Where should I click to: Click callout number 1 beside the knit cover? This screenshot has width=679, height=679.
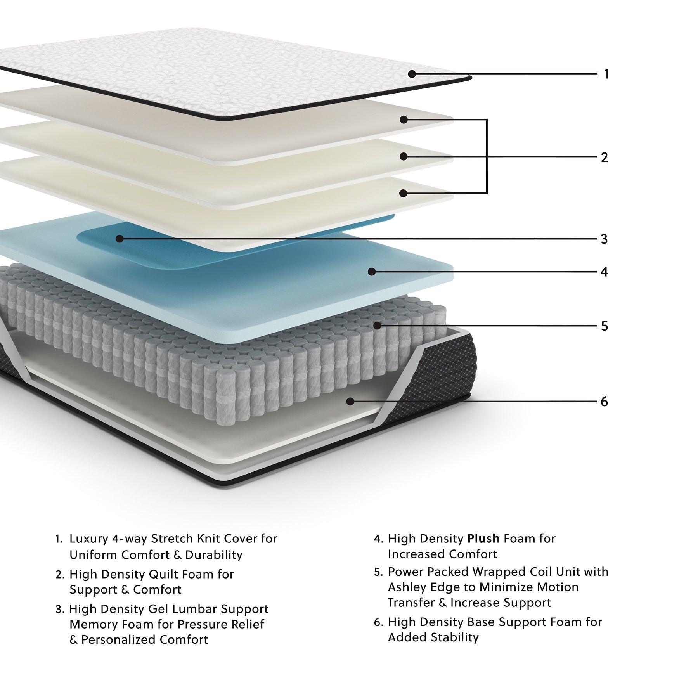pos(606,74)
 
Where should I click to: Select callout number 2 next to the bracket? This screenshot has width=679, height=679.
pos(604,158)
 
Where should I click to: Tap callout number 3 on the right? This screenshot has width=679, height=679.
pos(604,239)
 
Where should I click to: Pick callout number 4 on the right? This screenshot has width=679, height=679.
pos(604,272)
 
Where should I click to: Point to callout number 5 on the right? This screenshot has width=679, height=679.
pos(604,326)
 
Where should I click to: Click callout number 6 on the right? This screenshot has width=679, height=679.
pos(604,402)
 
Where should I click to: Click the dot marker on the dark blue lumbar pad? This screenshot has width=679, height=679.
pos(120,239)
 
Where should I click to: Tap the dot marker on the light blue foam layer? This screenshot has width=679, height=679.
pos(372,272)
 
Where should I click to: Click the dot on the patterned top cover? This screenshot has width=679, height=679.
pos(412,74)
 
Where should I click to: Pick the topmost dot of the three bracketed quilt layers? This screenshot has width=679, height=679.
pos(404,120)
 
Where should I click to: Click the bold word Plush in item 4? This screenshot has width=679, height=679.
pos(483,539)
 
